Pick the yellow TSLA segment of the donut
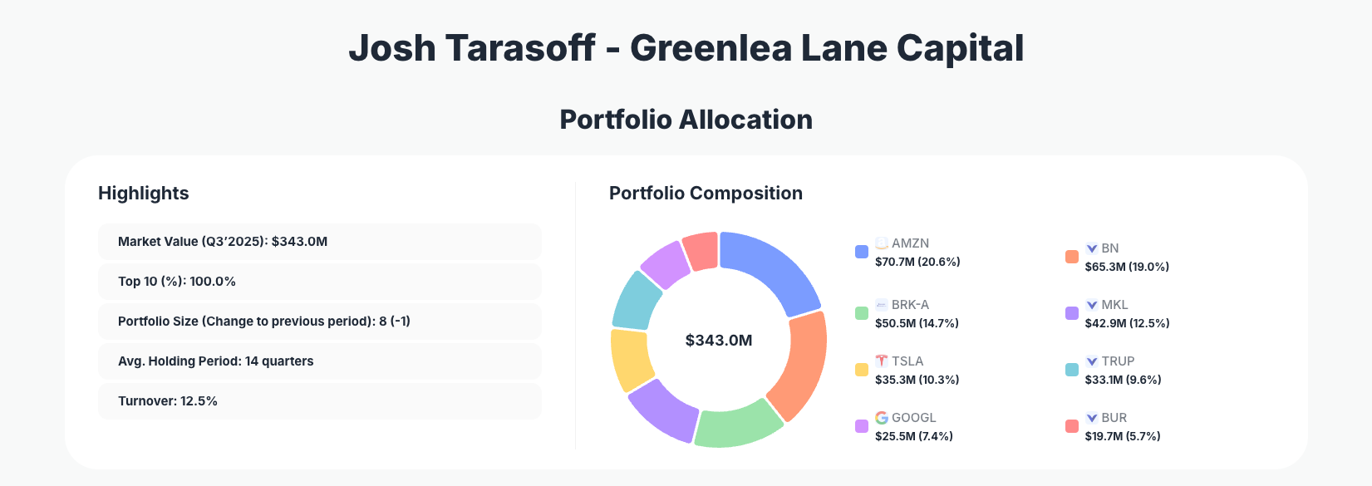point(632,359)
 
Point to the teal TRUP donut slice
point(637,299)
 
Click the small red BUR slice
point(701,251)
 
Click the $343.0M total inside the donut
point(719,341)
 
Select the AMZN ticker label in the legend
point(910,243)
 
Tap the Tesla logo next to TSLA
point(882,361)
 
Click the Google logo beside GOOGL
point(882,418)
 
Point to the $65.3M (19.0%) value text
point(1127,267)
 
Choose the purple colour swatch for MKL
point(1072,313)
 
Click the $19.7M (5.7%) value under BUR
point(1123,436)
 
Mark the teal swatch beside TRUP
point(1072,370)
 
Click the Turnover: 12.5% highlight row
point(319,401)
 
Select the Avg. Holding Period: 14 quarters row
point(319,361)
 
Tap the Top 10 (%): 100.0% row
point(319,282)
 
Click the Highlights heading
point(144,194)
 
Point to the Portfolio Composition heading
point(706,194)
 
